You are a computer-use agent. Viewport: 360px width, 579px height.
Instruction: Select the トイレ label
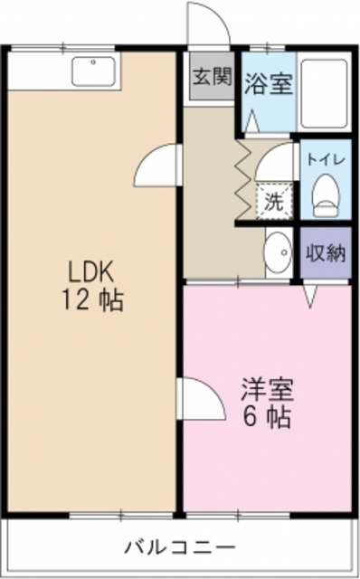tap(323, 157)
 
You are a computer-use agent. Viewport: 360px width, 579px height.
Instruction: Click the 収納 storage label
tap(324, 253)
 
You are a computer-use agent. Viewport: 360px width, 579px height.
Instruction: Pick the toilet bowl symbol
tap(323, 192)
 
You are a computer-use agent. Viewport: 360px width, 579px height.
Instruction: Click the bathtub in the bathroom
tap(323, 95)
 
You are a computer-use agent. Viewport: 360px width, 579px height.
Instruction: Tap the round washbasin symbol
tap(279, 246)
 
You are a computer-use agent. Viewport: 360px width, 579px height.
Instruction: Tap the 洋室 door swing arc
tap(201, 397)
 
